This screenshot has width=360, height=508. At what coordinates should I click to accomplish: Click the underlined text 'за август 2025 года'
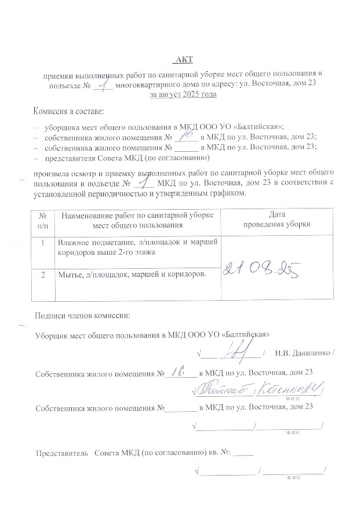183,94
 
